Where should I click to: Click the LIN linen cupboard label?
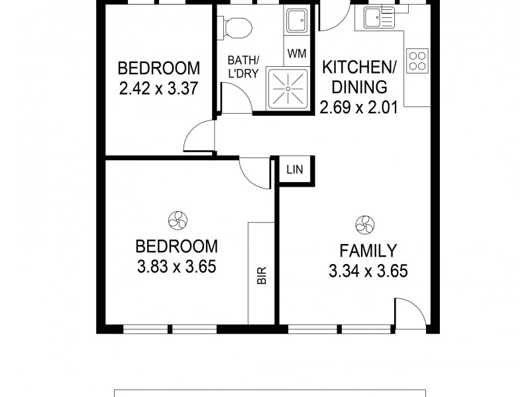pos(295,169)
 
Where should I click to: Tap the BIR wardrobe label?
pos(262,275)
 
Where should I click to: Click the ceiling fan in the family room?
pos(364,224)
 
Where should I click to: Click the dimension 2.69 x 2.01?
pos(358,106)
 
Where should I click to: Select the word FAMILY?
pos(368,251)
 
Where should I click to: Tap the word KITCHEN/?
pos(355,67)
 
